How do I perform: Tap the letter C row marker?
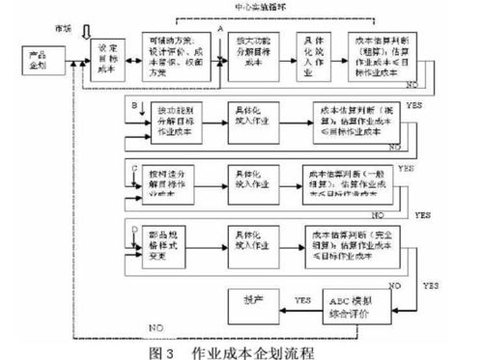(129, 166)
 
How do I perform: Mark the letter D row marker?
(130, 229)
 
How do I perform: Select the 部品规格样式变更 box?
(174, 242)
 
